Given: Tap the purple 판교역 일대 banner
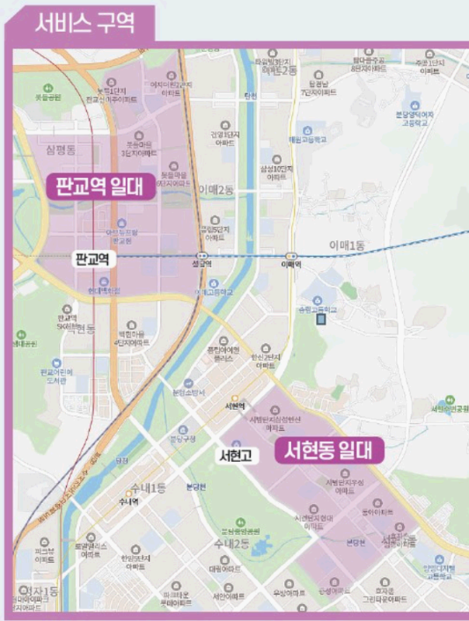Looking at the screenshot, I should (x=101, y=186).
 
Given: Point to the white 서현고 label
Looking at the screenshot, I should (x=236, y=455).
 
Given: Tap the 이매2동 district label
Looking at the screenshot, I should (x=216, y=189).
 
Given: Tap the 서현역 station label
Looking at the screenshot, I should (x=234, y=406).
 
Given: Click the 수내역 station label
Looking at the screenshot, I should (x=128, y=501).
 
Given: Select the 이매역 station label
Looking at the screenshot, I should (x=290, y=262).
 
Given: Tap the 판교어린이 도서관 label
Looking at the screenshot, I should (x=55, y=376).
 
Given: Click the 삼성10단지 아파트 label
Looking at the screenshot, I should (x=275, y=172).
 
